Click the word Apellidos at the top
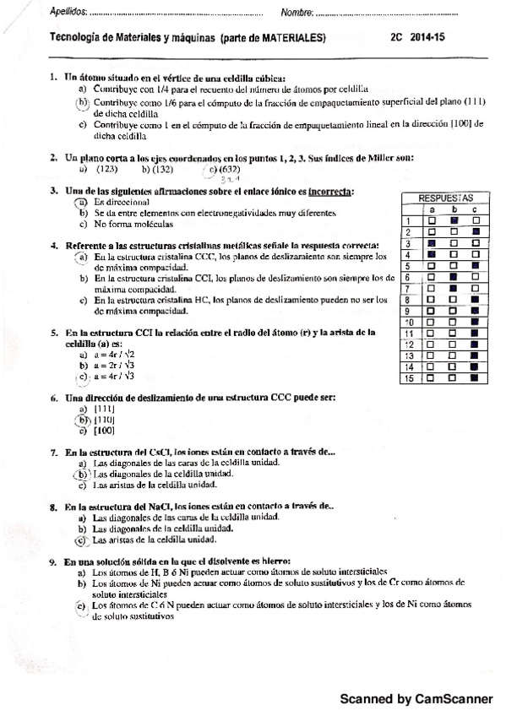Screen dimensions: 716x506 (x=45, y=12)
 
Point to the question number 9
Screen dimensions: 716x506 (x=53, y=561)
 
